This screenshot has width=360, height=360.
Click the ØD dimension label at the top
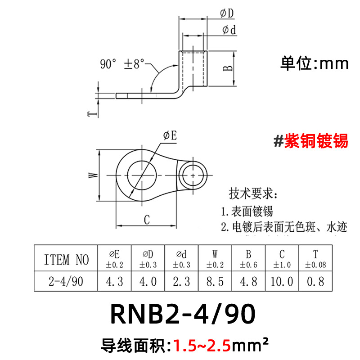227,14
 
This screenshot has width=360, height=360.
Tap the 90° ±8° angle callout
122,64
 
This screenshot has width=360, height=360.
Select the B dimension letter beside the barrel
229,68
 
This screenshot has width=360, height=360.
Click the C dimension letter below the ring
146,220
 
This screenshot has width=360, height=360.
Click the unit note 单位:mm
314,63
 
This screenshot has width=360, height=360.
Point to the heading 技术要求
253,194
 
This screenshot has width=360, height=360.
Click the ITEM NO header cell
67,260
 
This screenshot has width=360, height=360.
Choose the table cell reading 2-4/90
67,282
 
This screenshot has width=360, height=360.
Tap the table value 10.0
282,282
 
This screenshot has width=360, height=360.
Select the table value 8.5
215,282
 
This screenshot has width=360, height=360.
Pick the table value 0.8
315,282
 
